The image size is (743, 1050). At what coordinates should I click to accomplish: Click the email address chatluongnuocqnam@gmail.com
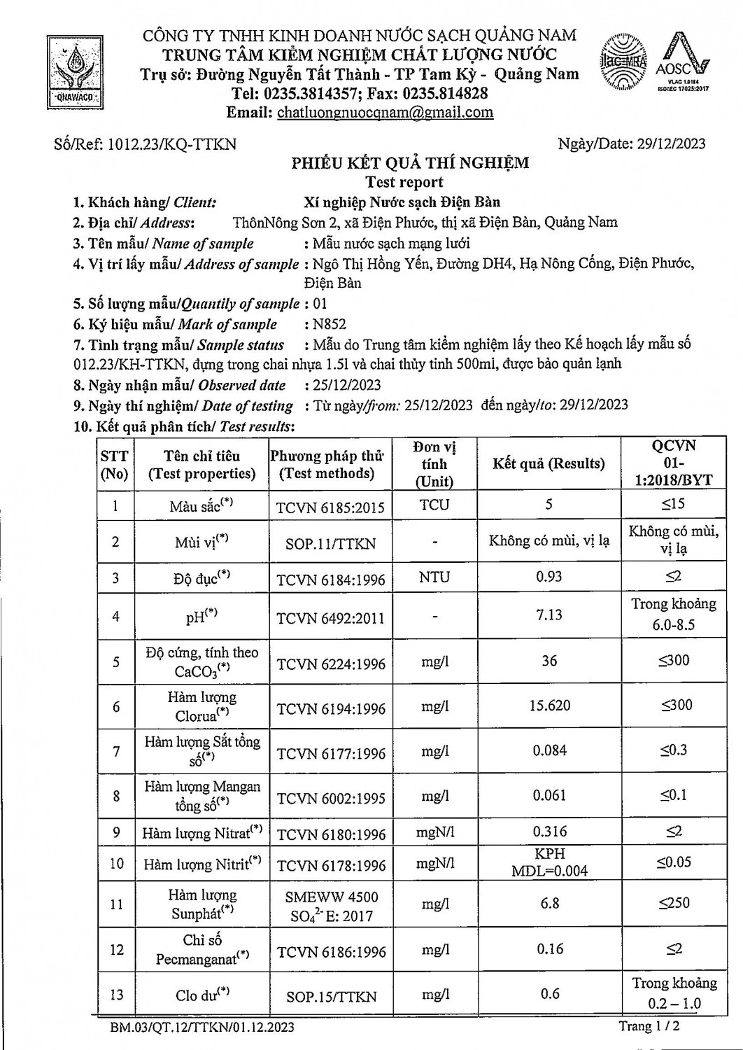click(x=385, y=112)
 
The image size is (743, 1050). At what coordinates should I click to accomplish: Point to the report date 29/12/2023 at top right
click(x=671, y=144)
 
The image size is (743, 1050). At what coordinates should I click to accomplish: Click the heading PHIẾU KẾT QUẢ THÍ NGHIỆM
click(x=410, y=163)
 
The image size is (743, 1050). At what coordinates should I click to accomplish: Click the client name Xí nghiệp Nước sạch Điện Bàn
click(x=402, y=202)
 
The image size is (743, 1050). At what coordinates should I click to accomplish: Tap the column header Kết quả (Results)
click(x=549, y=463)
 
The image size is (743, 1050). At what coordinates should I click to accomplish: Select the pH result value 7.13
click(x=549, y=615)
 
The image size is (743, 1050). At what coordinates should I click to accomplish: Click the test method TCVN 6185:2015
click(x=331, y=507)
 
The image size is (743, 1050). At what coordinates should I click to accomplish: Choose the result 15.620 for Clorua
click(x=550, y=705)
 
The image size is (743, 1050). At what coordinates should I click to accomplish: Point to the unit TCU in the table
click(x=434, y=505)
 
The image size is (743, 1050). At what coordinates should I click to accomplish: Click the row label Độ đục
click(x=201, y=578)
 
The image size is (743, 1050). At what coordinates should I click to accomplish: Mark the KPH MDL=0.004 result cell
click(x=550, y=862)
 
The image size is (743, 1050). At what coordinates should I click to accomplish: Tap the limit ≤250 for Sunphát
click(x=674, y=903)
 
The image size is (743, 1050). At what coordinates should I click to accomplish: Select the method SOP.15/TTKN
click(x=331, y=996)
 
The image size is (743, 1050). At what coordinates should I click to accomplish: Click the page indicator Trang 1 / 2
click(x=649, y=1026)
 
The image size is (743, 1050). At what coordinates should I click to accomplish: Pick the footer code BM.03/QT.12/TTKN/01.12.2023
click(x=201, y=1028)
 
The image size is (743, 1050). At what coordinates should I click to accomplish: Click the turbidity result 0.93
click(x=550, y=577)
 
